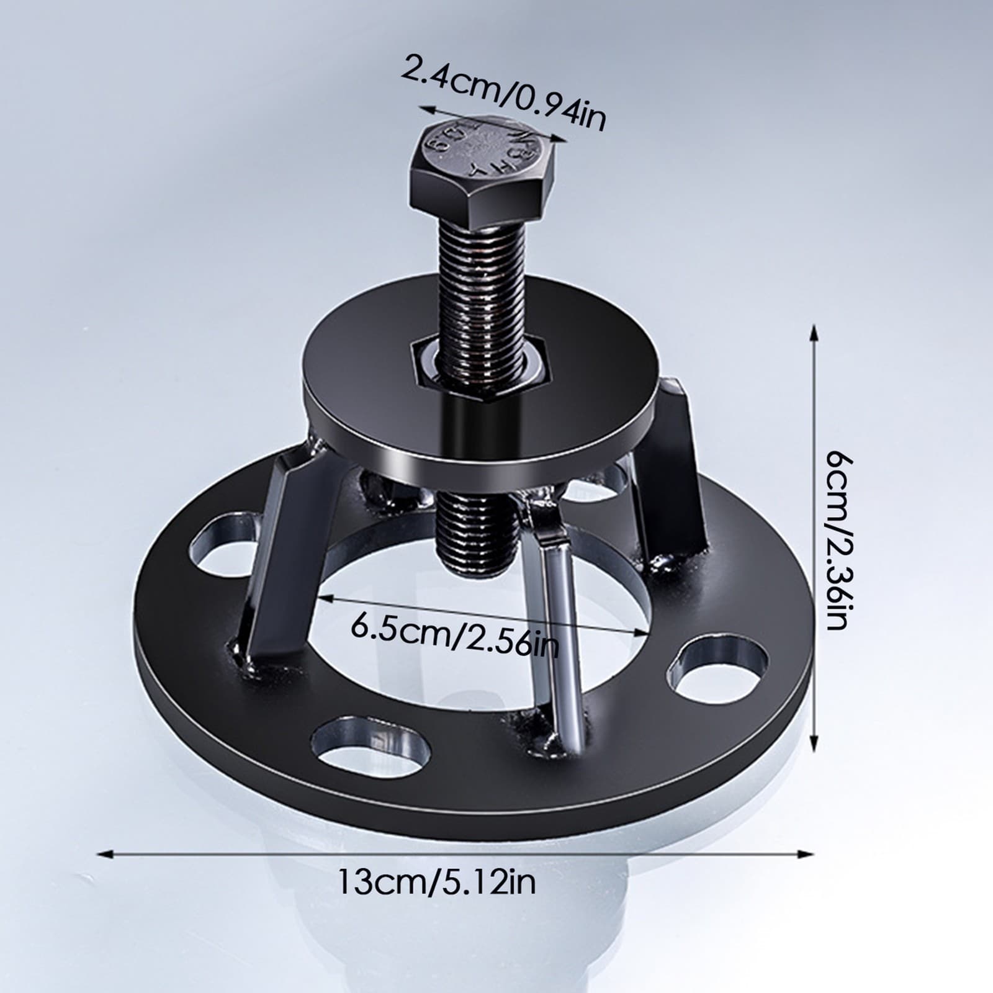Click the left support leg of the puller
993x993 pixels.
273,546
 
